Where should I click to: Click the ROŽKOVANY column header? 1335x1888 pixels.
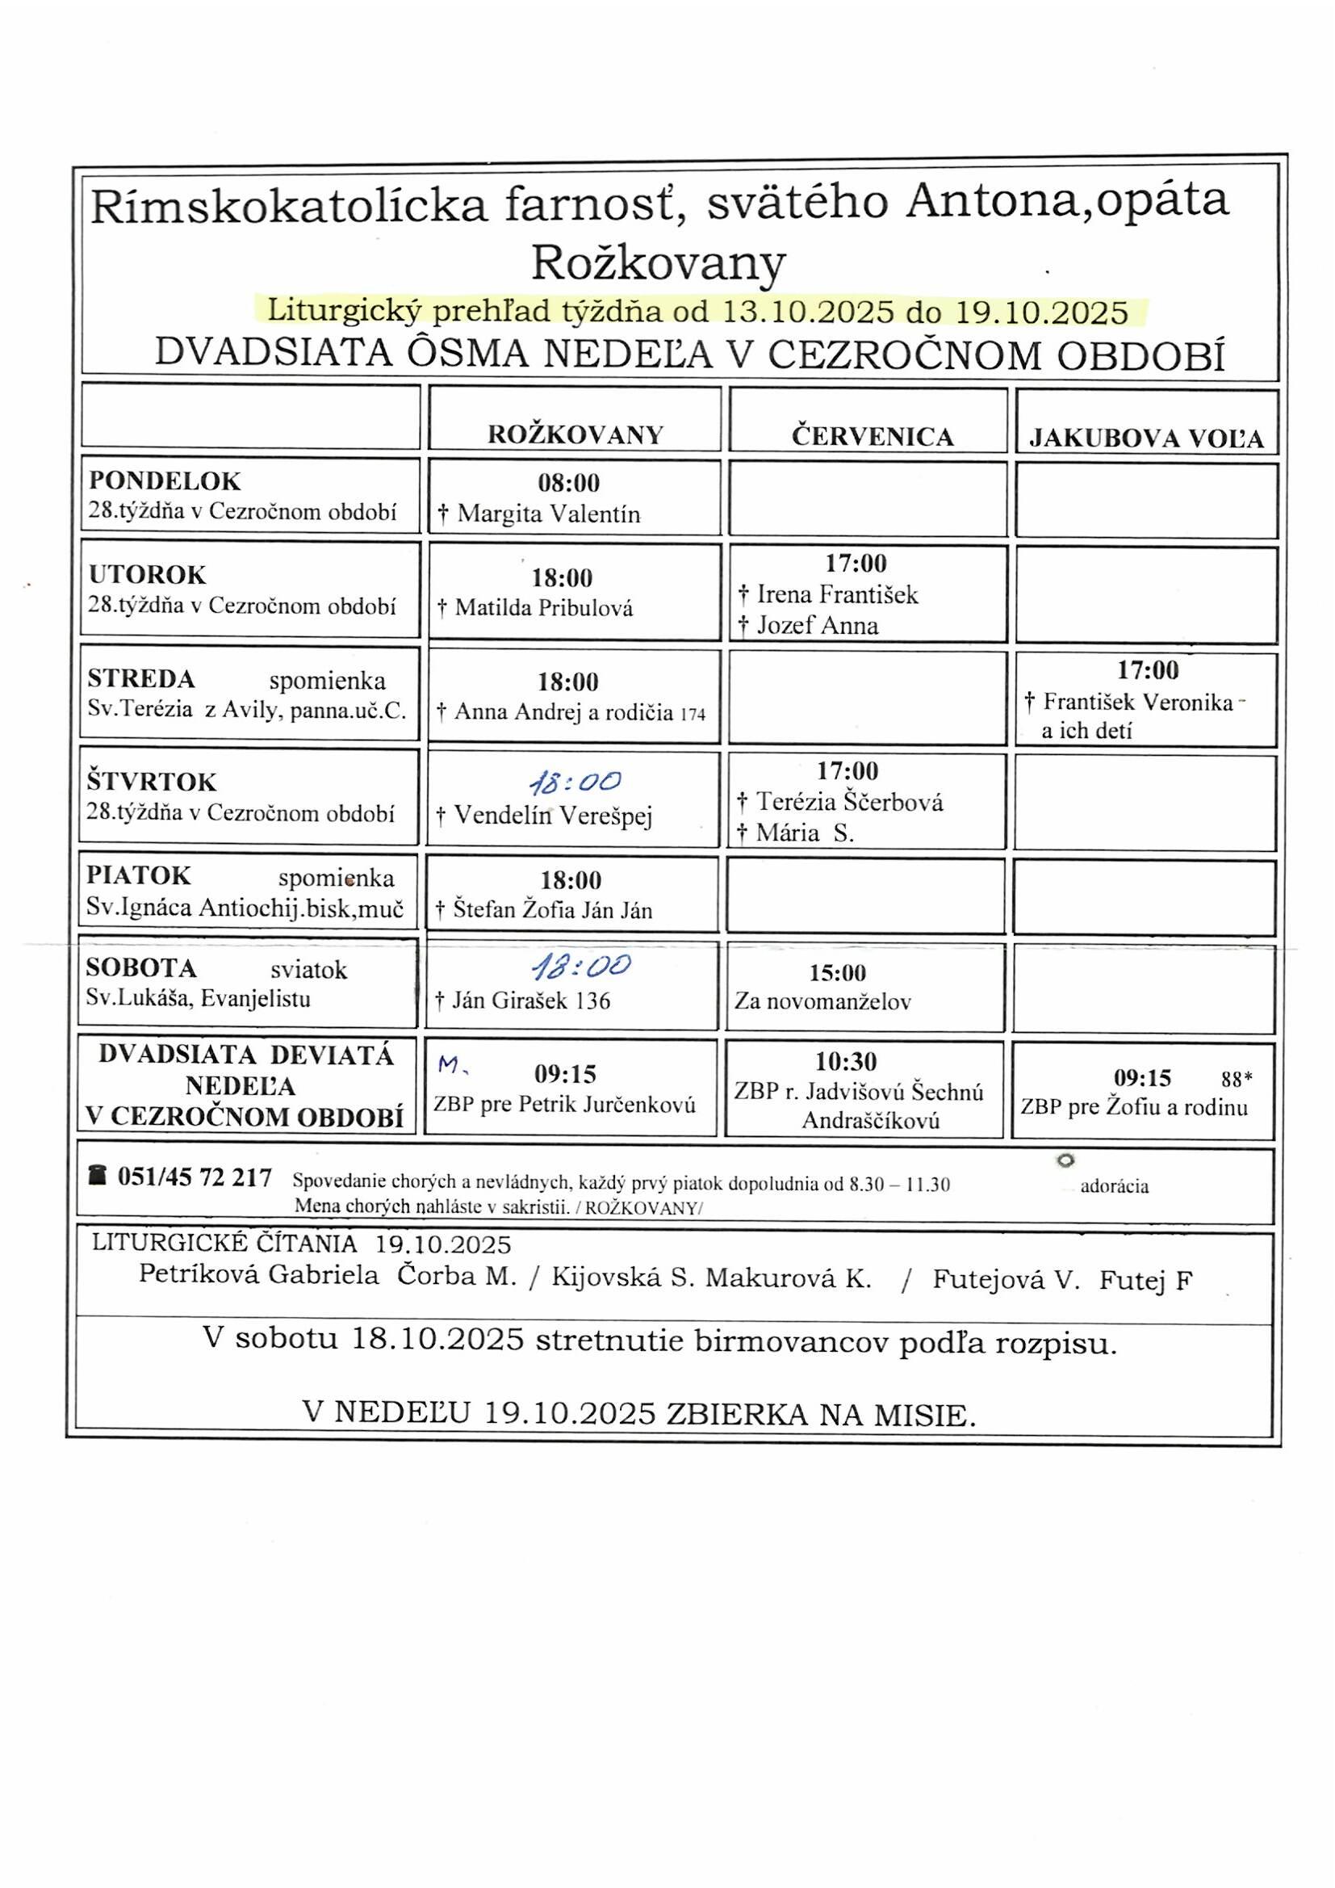click(x=575, y=434)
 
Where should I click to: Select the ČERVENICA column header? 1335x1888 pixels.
click(x=873, y=436)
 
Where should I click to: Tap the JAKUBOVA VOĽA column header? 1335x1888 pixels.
click(x=1147, y=439)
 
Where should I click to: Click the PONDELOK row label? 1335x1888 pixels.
click(x=165, y=480)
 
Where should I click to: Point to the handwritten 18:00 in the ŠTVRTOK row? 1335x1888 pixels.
click(x=575, y=782)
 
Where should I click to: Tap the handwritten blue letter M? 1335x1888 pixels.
click(x=450, y=1066)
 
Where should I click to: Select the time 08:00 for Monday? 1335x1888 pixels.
click(x=569, y=483)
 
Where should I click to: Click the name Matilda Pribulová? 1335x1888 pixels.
click(x=543, y=609)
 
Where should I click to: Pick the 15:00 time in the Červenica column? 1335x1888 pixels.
click(x=838, y=973)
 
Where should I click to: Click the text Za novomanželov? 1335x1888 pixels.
click(x=822, y=1001)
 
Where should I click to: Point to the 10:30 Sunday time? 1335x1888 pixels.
click(x=847, y=1062)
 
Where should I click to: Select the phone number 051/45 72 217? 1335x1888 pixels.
click(x=195, y=1177)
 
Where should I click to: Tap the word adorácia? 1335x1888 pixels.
click(x=1114, y=1185)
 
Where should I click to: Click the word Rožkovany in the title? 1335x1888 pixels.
click(x=659, y=263)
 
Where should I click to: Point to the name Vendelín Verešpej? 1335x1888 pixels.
click(x=552, y=815)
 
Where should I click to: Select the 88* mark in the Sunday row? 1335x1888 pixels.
click(x=1237, y=1079)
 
